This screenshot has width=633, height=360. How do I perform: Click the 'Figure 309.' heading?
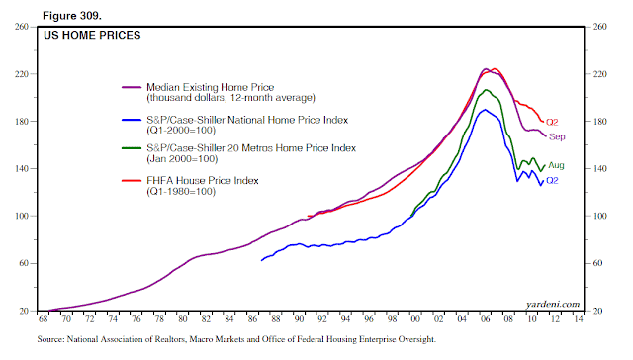pos(72,16)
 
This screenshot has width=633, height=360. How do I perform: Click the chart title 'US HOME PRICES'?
pos(92,36)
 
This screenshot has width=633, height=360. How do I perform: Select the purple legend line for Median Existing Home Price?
pos(132,87)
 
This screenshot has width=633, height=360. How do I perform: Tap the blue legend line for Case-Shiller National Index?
pos(132,120)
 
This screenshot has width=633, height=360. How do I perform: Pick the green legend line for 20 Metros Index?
pos(132,148)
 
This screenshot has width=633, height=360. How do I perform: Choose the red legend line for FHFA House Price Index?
pos(132,181)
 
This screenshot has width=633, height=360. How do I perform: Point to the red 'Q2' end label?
pos(552,122)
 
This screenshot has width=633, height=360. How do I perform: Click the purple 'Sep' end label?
pos(557,137)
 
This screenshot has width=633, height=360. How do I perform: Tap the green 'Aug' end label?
pos(556,165)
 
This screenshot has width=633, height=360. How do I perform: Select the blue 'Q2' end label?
pos(552,181)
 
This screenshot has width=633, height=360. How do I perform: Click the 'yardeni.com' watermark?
pos(553,304)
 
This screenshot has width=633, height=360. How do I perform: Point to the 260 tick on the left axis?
pos(22,27)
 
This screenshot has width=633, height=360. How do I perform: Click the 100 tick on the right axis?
pos(600,216)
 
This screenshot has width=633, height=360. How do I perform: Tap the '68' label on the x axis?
pos(43,319)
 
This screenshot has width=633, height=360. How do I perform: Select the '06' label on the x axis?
pos(486,319)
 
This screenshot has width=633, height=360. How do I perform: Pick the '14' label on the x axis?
pos(579,319)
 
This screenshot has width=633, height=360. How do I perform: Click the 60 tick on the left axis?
pos(24,263)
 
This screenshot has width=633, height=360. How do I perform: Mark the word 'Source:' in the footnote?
pos(50,339)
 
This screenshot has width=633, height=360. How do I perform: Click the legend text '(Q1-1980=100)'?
pos(181,191)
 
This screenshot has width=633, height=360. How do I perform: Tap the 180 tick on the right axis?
pos(600,122)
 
